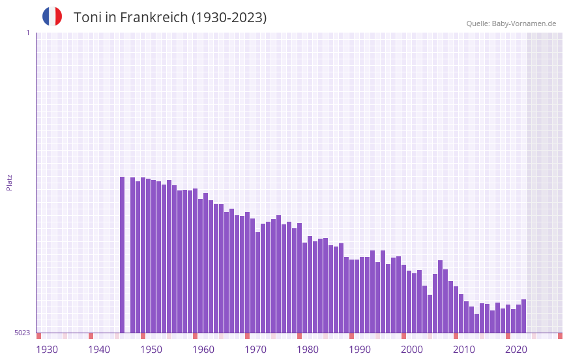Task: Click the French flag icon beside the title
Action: [52, 16]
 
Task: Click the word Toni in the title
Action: [87, 18]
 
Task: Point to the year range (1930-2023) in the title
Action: [229, 18]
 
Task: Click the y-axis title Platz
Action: [9, 182]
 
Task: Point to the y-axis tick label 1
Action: [27, 33]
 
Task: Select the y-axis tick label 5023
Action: [22, 333]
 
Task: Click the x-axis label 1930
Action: [47, 350]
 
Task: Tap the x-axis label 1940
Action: [99, 350]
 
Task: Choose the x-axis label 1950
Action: [151, 350]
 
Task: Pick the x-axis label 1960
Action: [203, 350]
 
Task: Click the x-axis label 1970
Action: [255, 350]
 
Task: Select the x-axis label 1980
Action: [308, 350]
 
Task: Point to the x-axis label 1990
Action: [360, 350]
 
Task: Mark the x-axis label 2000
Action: [412, 350]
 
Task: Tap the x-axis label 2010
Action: [464, 350]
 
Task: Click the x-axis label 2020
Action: [516, 350]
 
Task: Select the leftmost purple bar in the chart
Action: [122, 254]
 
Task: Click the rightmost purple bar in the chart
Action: [523, 316]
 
